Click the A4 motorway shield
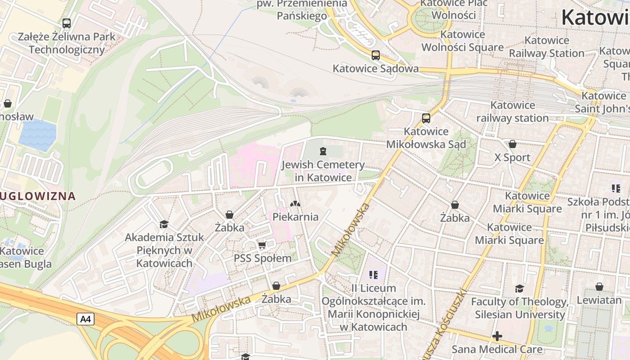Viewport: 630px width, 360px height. (85, 319)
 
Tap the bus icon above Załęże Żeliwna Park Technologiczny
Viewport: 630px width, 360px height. (67, 23)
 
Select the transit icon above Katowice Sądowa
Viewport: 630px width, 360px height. (375, 55)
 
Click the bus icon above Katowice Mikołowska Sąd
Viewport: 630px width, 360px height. (426, 118)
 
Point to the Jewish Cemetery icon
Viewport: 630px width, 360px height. (323, 151)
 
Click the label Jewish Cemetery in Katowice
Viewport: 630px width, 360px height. (323, 171)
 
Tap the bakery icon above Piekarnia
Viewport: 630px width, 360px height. (295, 204)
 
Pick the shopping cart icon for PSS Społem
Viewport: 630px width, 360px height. (262, 245)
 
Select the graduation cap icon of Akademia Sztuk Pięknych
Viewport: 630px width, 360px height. (164, 224)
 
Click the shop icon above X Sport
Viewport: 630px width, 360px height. (512, 144)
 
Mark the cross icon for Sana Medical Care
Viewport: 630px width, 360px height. (497, 336)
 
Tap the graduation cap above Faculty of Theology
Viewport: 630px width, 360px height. (519, 288)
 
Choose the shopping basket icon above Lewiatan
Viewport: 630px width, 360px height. (599, 287)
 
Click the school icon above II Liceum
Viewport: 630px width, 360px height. (373, 274)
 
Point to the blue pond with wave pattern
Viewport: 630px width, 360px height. (38, 135)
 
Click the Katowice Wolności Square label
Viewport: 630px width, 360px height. (463, 41)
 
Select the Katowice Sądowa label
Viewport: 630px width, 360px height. (375, 69)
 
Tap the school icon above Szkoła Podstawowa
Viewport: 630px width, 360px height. (616, 189)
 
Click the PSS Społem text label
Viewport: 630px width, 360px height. (262, 258)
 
